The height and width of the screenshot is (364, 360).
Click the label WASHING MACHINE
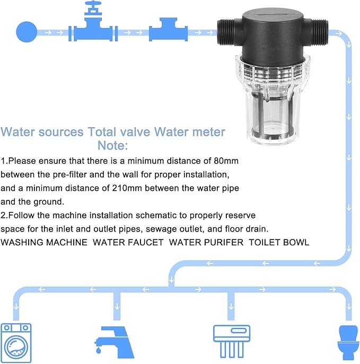(44, 243)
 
